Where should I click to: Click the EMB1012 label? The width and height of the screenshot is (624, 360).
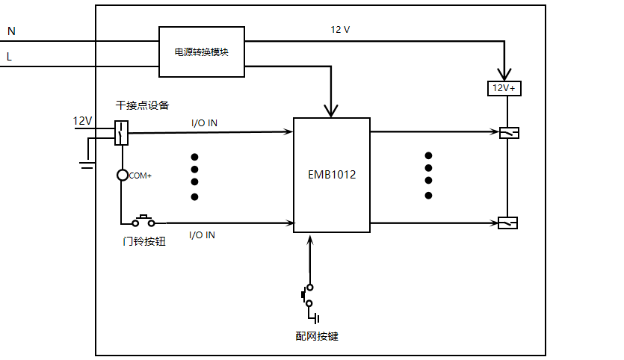click(x=332, y=175)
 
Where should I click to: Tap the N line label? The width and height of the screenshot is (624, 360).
click(x=11, y=31)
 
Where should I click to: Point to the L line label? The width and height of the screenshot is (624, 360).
click(x=9, y=57)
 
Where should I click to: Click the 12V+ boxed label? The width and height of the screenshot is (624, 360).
click(x=504, y=88)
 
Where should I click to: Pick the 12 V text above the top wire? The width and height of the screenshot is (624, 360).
click(x=340, y=29)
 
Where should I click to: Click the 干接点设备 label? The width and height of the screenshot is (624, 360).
click(x=143, y=105)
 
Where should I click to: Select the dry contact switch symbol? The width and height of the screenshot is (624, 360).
click(x=121, y=133)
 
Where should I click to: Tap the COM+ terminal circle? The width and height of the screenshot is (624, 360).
click(x=122, y=175)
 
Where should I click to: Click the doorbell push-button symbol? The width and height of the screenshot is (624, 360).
click(x=143, y=221)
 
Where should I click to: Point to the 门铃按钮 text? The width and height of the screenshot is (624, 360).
click(x=144, y=241)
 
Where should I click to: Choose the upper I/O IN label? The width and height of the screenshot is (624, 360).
click(x=204, y=123)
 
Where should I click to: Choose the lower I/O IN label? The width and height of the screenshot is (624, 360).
click(x=203, y=235)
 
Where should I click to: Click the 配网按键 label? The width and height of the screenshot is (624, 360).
click(x=317, y=336)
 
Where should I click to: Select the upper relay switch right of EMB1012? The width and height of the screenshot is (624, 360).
click(x=510, y=133)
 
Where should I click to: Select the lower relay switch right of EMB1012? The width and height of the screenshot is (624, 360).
click(x=508, y=223)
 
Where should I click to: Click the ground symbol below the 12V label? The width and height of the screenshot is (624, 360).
click(x=87, y=165)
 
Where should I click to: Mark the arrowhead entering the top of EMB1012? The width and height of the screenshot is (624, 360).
click(x=331, y=111)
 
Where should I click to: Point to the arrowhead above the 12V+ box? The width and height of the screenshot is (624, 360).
click(x=504, y=75)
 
